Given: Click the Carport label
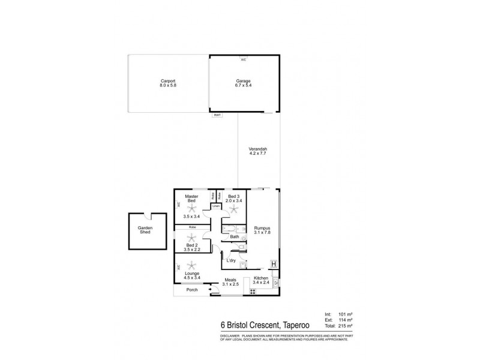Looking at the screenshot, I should tap(167, 81).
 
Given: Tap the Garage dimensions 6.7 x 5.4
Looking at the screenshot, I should tap(243, 86).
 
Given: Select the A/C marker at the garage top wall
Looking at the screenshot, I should tap(243, 60).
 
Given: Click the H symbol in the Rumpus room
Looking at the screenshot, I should tap(274, 263).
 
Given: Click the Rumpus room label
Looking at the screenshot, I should tap(262, 228).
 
